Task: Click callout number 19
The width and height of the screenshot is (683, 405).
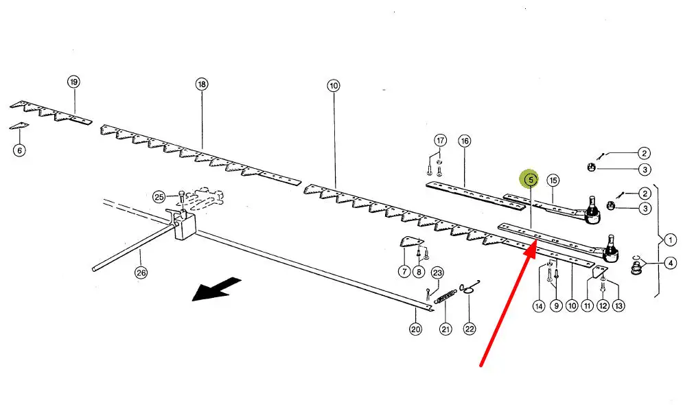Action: click(73, 82)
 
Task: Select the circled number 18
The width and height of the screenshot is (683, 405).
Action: click(201, 84)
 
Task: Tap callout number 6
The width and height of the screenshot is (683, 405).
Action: click(19, 150)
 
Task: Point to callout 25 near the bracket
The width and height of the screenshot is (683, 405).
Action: click(159, 197)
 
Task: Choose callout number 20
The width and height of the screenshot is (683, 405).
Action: click(415, 329)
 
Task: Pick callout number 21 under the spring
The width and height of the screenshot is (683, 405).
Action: click(446, 329)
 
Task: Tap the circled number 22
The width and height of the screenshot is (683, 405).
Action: click(470, 329)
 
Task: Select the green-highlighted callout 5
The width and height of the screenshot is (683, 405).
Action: click(530, 180)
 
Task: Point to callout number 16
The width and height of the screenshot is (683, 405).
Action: click(465, 141)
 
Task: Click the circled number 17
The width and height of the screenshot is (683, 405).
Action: click(440, 141)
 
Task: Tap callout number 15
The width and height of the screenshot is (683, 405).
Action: click(553, 180)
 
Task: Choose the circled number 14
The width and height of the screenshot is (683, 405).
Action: click(539, 306)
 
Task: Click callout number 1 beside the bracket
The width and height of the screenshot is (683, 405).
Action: click(670, 240)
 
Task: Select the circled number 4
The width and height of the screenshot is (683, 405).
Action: click(670, 262)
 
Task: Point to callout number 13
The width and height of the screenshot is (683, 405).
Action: click(618, 306)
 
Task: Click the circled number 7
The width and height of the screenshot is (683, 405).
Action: click(404, 273)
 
